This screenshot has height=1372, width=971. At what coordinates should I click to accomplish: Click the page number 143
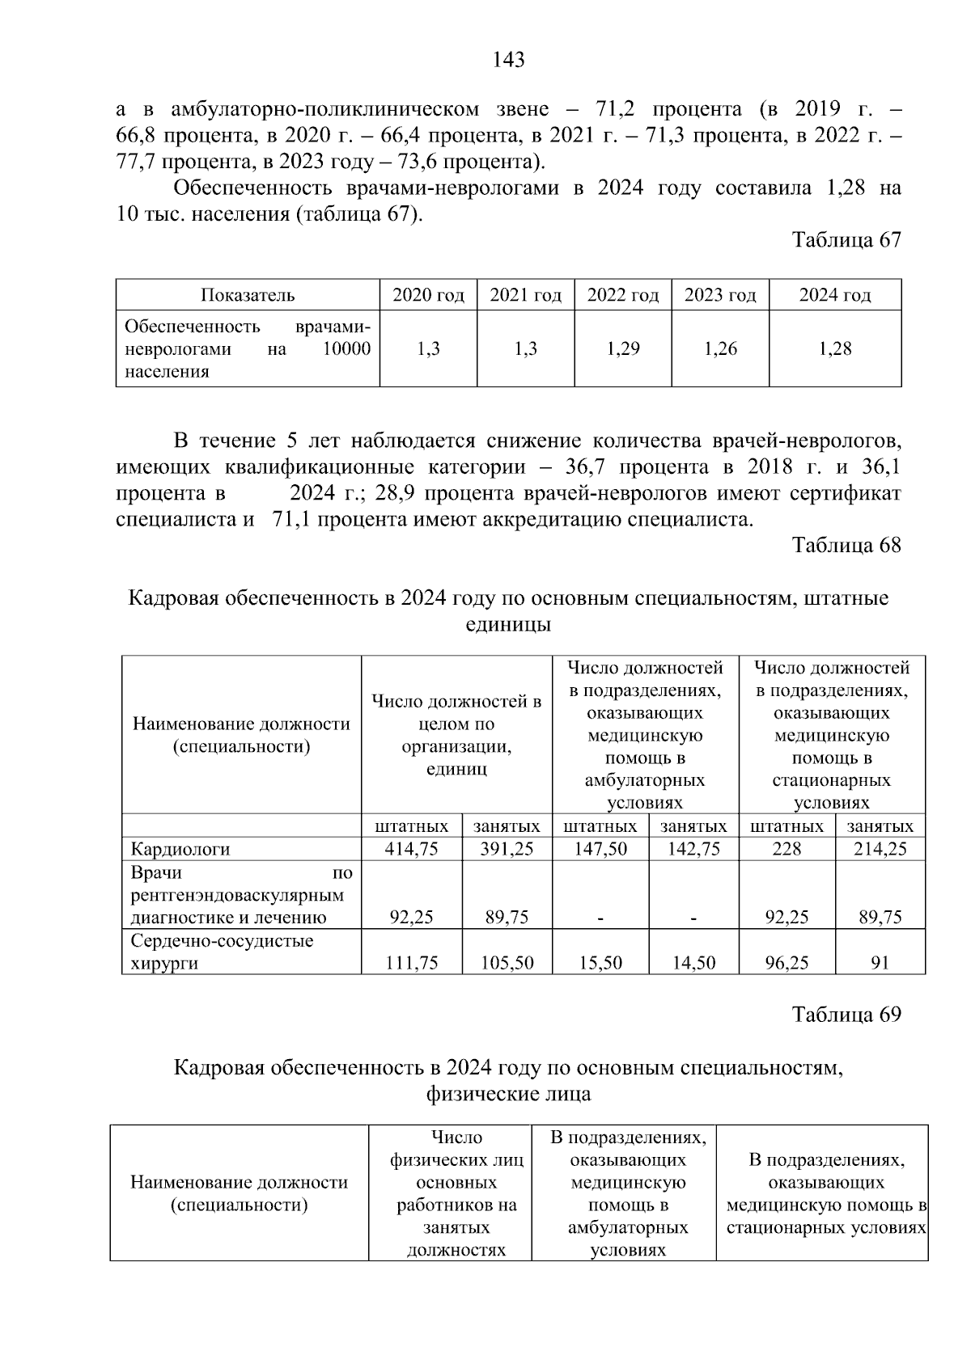508,60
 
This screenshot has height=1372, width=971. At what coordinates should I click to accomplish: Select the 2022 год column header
622,295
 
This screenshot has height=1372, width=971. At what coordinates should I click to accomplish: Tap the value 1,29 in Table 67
622,349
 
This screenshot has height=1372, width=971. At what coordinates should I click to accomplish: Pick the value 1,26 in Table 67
720,349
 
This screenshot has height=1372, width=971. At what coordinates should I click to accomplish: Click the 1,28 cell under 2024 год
834,349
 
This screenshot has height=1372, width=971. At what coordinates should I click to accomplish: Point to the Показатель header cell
248,295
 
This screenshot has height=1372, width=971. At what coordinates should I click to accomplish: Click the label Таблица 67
846,240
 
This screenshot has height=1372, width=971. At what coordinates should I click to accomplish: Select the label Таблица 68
846,545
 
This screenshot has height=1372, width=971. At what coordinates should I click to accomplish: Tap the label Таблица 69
846,1015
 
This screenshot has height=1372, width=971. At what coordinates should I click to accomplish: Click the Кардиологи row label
180,849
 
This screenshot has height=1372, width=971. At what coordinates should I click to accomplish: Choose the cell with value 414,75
411,849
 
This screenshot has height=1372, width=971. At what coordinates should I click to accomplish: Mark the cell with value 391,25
507,849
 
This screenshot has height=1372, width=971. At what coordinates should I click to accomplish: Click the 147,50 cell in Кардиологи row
600,849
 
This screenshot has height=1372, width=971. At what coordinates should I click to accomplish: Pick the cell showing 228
787,849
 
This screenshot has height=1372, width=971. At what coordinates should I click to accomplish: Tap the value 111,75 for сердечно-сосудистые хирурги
411,963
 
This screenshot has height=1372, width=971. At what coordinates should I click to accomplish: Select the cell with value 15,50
600,963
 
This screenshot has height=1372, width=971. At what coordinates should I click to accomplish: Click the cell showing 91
880,963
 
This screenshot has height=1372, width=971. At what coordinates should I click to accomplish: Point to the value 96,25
787,963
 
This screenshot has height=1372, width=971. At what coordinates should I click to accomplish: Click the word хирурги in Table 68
164,964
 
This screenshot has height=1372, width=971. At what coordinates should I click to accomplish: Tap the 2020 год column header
428,295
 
